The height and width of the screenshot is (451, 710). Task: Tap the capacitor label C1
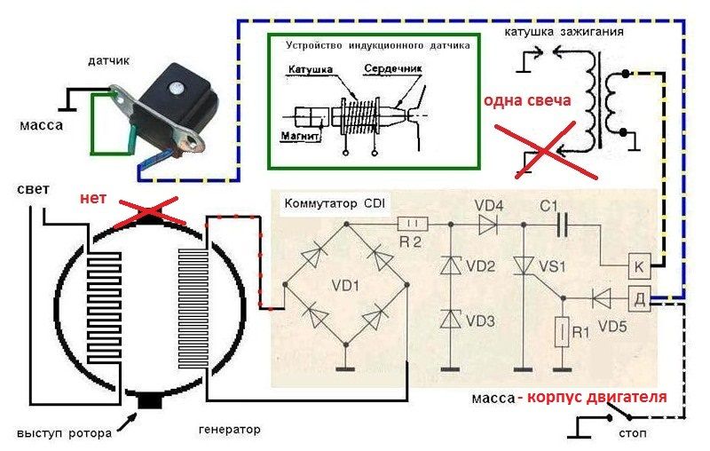[x=549, y=206]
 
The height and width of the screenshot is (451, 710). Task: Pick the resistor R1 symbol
[x=560, y=335]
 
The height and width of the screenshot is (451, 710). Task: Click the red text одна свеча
[x=526, y=100]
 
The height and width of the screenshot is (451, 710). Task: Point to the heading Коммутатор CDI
[x=333, y=203]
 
